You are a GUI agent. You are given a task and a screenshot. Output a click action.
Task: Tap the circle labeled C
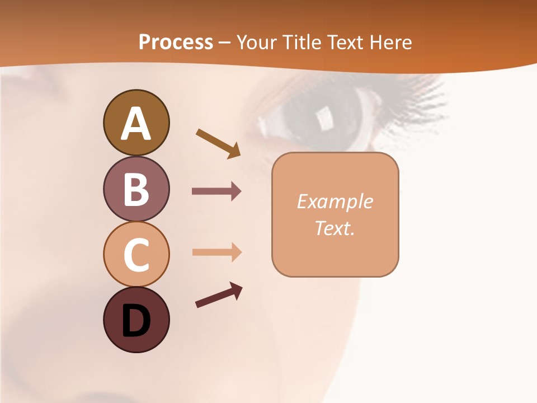pyautogui.click(x=136, y=254)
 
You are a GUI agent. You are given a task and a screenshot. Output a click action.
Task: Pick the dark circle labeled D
pyautogui.click(x=136, y=320)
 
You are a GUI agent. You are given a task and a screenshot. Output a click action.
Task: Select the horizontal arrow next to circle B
pyautogui.click(x=216, y=191)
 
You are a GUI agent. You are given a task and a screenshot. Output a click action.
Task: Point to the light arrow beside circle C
pyautogui.click(x=216, y=252)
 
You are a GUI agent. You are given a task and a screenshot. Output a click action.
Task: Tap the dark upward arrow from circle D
pyautogui.click(x=219, y=296)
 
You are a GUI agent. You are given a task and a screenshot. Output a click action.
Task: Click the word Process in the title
pyautogui.click(x=176, y=43)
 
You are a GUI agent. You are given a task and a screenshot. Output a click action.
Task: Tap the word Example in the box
pyautogui.click(x=335, y=201)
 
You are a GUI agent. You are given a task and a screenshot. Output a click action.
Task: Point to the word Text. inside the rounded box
pyautogui.click(x=335, y=228)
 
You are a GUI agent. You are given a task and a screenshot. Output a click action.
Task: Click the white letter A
pyautogui.click(x=136, y=124)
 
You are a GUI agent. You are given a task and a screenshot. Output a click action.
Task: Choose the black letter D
pyautogui.click(x=136, y=321)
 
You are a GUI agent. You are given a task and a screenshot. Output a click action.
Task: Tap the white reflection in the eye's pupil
pyautogui.click(x=324, y=117)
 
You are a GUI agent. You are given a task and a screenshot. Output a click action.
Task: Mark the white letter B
pyautogui.click(x=136, y=189)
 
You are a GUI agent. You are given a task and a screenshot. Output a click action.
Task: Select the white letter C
pyautogui.click(x=136, y=255)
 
